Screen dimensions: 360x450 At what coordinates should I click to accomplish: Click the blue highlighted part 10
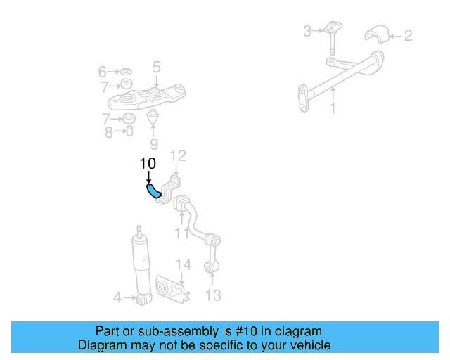tap(153, 192)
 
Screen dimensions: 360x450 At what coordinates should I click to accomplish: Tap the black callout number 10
tap(147, 164)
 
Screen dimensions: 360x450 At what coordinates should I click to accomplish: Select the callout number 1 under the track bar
tap(333, 108)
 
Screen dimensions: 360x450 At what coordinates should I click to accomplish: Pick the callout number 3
tap(307, 31)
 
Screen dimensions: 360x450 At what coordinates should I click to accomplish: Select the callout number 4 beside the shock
tap(117, 298)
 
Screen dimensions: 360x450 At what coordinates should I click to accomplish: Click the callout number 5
tap(156, 67)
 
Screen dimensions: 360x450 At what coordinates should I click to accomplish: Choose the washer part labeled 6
tap(127, 72)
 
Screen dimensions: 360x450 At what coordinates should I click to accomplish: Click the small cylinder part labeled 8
tap(129, 131)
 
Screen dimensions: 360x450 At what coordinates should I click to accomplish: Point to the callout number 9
tap(154, 146)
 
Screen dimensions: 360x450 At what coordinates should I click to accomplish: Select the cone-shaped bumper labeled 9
tap(153, 115)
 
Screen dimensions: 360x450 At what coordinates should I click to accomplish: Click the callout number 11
tap(182, 233)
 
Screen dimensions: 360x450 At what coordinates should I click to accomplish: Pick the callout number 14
tap(183, 264)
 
